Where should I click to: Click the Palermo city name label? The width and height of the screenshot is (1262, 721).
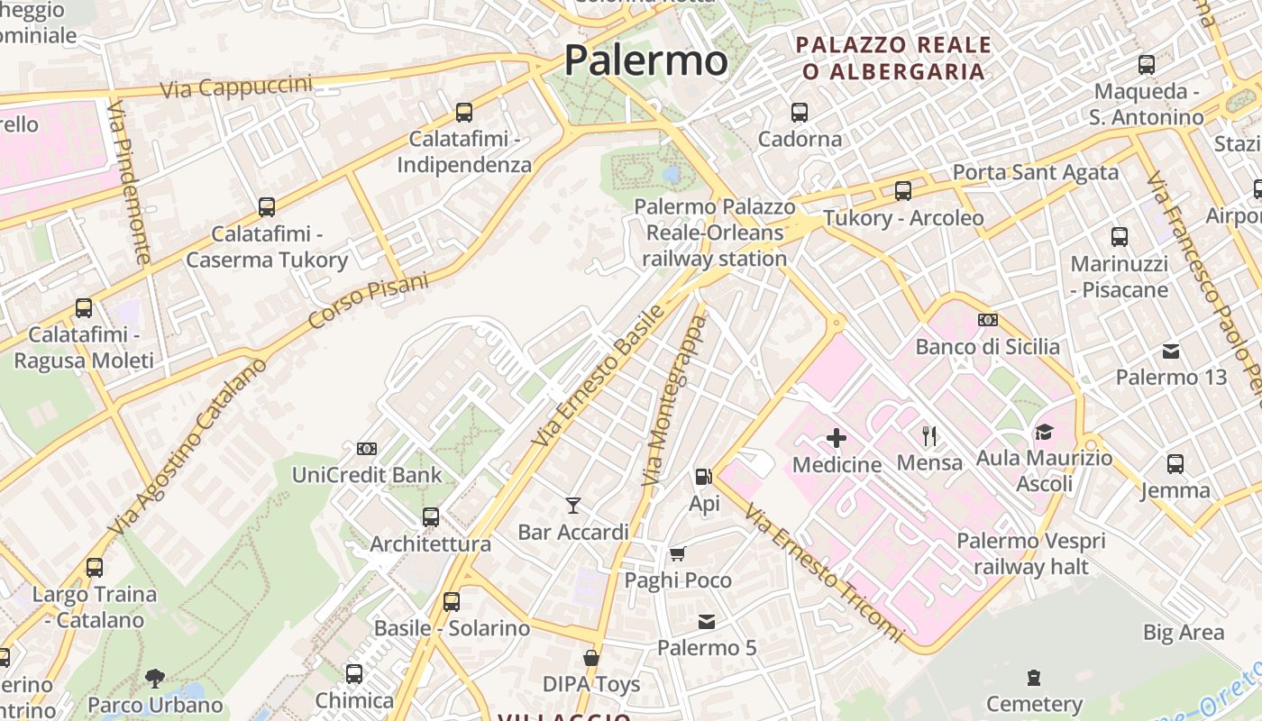pos(645,61)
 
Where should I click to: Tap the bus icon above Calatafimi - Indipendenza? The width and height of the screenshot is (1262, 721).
pos(464,113)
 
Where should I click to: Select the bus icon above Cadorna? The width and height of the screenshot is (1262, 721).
pos(800,113)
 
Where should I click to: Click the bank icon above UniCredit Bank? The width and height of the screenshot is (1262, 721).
pos(367,448)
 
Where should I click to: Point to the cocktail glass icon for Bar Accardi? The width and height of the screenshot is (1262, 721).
pos(572,505)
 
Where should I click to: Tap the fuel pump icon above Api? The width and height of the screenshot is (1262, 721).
pos(703,476)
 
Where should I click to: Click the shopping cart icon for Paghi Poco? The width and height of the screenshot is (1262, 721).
pos(678,552)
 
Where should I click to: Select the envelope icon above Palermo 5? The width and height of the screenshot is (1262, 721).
pos(707,621)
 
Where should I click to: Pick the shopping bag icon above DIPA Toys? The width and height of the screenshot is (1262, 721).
pos(591,658)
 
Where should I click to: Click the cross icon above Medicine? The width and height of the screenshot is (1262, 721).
pos(837,438)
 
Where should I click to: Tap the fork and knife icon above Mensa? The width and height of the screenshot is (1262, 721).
pos(929,436)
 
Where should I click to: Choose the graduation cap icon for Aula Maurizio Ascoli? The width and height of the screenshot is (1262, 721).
pos(1044,432)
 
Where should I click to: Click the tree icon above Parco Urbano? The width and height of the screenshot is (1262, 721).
pos(155,678)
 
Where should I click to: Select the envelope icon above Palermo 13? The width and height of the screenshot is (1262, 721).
pos(1171,351)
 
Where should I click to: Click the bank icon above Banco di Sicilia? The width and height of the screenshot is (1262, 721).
pos(988,320)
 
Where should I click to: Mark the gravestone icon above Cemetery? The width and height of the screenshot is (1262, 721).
pos(1034,677)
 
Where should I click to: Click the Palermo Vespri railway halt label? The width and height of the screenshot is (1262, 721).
pos(1031,554)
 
